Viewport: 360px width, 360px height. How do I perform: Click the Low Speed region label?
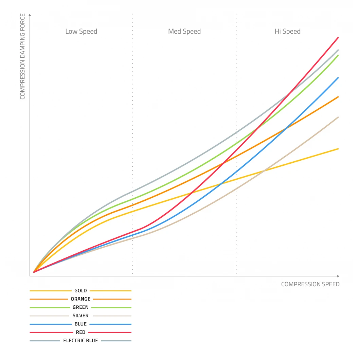pyautogui.click(x=81, y=32)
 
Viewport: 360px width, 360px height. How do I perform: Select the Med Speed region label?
pyautogui.click(x=184, y=32)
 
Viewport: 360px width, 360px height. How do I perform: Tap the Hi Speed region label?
pyautogui.click(x=287, y=32)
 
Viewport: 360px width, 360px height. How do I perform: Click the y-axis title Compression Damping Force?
pyautogui.click(x=23, y=56)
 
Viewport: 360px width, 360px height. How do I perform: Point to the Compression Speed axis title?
pyautogui.click(x=310, y=284)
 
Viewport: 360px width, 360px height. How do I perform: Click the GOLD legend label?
pyautogui.click(x=80, y=291)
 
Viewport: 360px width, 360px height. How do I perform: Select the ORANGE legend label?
pyautogui.click(x=80, y=299)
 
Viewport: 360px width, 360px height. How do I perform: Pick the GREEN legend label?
pyautogui.click(x=80, y=307)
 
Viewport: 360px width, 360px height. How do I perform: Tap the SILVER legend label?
pyautogui.click(x=80, y=316)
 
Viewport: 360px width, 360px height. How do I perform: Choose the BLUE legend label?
pyautogui.click(x=80, y=324)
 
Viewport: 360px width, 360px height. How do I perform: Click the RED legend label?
pyautogui.click(x=80, y=332)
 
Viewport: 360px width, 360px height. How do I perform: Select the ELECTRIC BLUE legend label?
pyautogui.click(x=80, y=341)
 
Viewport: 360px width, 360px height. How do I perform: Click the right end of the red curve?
pyautogui.click(x=338, y=37)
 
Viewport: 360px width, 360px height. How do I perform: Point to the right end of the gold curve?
pyautogui.click(x=338, y=149)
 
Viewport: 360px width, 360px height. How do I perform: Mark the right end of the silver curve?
pyautogui.click(x=338, y=117)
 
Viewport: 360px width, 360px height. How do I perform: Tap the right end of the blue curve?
pyautogui.click(x=338, y=78)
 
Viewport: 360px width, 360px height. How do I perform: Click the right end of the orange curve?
pyautogui.click(x=338, y=97)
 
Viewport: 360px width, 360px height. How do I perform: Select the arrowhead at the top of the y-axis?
pyautogui.click(x=30, y=15)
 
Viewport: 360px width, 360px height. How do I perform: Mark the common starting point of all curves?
pyautogui.click(x=34, y=272)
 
